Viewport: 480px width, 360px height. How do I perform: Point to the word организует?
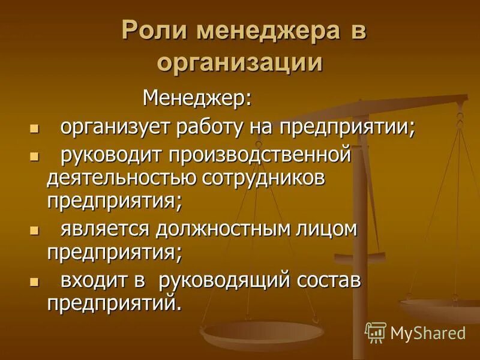(115, 127)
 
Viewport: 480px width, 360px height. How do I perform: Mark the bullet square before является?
(34, 230)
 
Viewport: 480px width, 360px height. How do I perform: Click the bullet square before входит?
(34, 281)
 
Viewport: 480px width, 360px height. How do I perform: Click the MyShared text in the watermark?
(428, 332)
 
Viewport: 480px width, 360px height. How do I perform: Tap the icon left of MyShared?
(376, 332)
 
